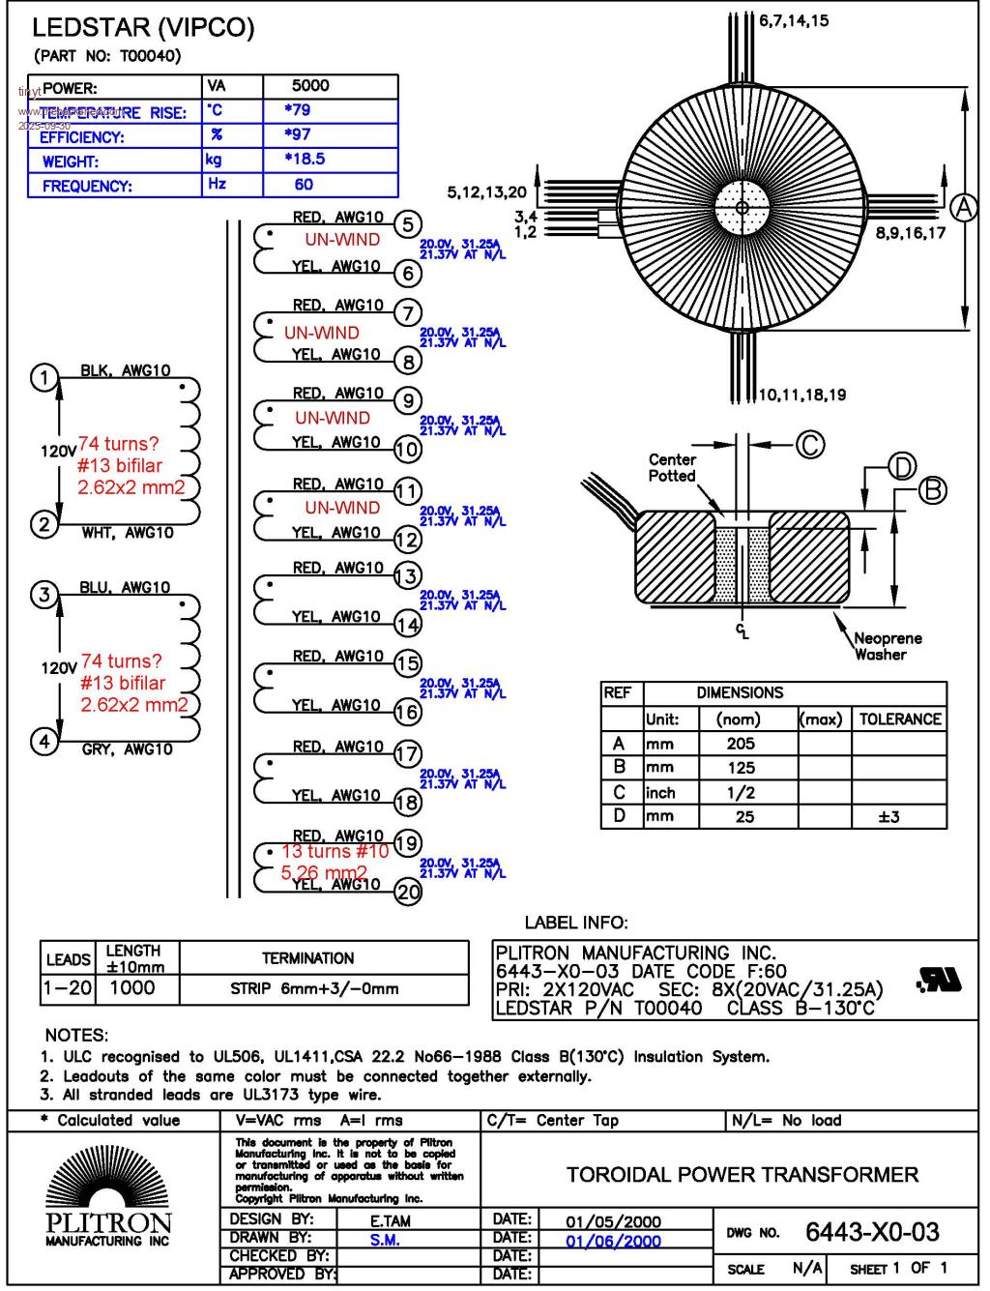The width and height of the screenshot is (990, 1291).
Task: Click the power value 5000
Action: tap(310, 86)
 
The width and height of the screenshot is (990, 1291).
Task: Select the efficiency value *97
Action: tap(298, 134)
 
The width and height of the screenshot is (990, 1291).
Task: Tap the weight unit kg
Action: tap(214, 160)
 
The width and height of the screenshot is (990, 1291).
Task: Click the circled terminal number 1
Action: tap(44, 377)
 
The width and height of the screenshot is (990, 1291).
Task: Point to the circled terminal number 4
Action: tap(44, 742)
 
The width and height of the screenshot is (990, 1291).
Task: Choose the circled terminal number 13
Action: tap(408, 575)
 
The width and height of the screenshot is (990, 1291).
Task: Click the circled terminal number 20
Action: tap(408, 892)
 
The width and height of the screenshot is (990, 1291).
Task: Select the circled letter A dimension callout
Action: tap(963, 207)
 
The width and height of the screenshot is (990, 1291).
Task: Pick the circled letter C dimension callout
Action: tap(810, 445)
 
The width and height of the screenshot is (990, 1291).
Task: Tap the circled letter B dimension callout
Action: tap(932, 490)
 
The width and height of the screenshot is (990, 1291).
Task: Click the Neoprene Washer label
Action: tap(887, 646)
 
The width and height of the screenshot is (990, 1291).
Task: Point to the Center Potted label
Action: tap(672, 468)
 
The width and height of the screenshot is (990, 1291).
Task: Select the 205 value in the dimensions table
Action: tap(741, 744)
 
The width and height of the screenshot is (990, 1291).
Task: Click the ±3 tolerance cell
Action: tap(888, 817)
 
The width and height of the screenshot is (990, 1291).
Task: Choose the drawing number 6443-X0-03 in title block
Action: tap(872, 1232)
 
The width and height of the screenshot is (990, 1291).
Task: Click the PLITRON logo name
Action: tap(108, 1224)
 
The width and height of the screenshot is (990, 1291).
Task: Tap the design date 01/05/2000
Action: tap(613, 1221)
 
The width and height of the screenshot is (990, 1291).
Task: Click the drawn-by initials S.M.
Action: tap(384, 1241)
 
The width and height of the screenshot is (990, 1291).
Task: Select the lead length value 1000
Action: tap(131, 988)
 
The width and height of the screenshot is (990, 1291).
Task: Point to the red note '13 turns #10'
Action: tap(335, 852)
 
